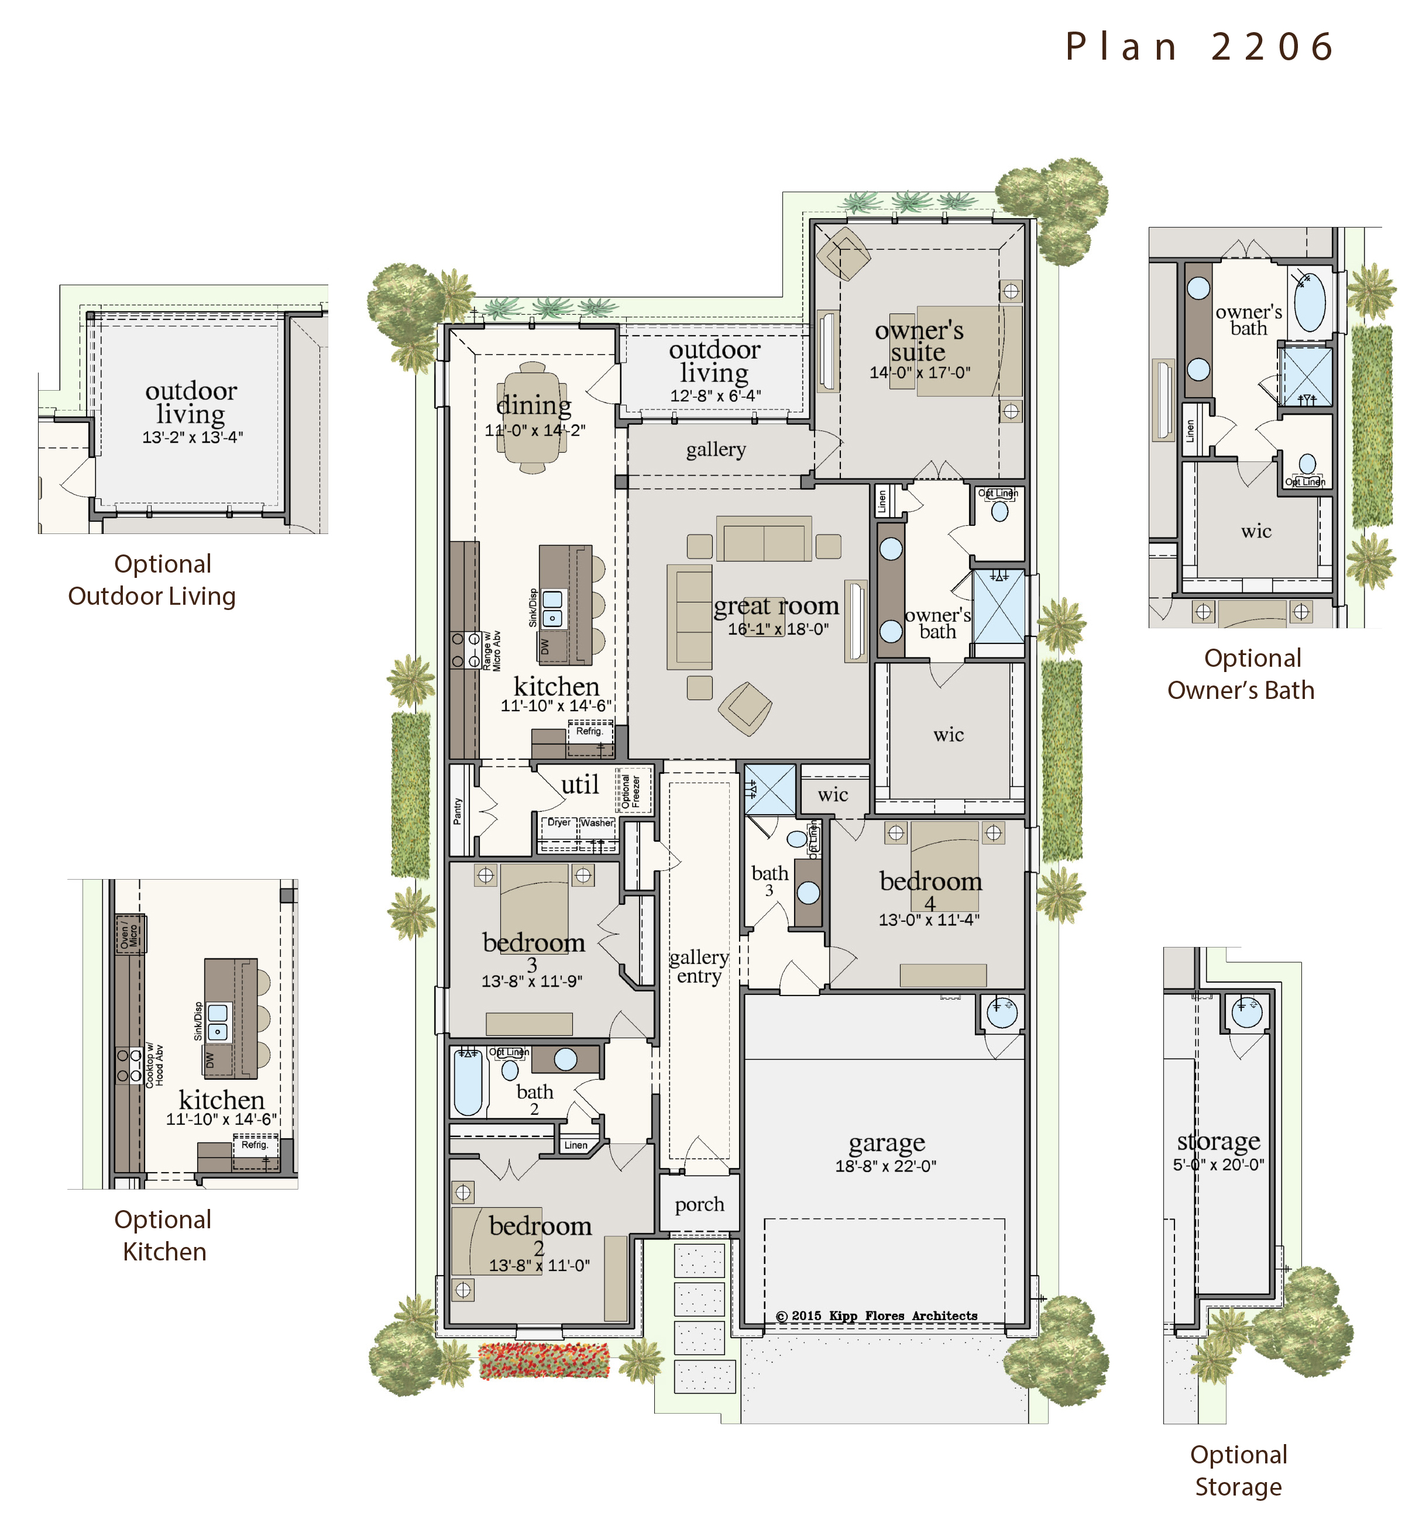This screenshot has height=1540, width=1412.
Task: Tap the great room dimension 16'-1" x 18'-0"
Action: [x=778, y=629]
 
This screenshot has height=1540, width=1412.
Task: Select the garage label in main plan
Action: [x=887, y=1143]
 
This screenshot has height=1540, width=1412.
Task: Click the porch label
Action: [x=699, y=1205]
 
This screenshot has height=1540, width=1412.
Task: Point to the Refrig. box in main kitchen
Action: [x=589, y=731]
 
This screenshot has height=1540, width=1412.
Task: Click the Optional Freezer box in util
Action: [x=631, y=791]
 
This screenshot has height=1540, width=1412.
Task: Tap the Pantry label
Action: [x=458, y=811]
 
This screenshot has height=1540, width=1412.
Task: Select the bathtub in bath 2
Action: [x=468, y=1083]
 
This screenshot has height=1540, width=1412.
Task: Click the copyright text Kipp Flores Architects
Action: [x=877, y=1315]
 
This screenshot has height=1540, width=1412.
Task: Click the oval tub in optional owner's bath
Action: [x=1310, y=302]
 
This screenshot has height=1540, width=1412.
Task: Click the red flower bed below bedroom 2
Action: [x=544, y=1360]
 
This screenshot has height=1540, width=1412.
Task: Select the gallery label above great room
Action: [x=715, y=449]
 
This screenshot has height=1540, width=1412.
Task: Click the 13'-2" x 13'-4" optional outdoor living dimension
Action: [x=193, y=437]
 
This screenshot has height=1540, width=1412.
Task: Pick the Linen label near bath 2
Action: [x=575, y=1145]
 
